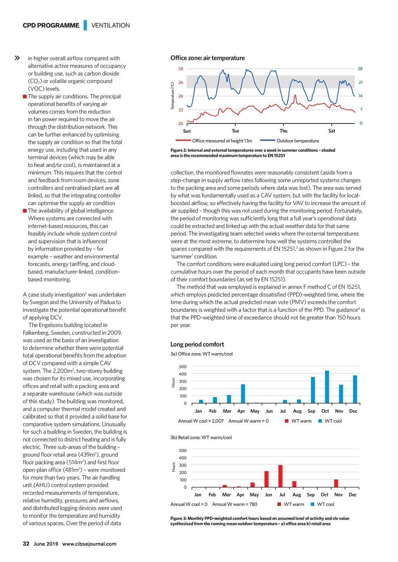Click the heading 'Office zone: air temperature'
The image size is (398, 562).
[x=208, y=58]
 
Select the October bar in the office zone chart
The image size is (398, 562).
[x=327, y=387]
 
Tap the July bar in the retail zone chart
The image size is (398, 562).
[x=281, y=476]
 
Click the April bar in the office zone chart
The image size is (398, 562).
[x=243, y=394]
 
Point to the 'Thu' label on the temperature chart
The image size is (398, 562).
[x=284, y=131]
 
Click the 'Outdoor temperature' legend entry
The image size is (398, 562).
[x=297, y=141]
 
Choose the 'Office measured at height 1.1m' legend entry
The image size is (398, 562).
[x=222, y=141]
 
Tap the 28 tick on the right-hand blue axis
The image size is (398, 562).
[x=360, y=69]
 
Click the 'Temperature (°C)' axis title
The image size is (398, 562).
[x=173, y=96]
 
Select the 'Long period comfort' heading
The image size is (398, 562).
[x=197, y=344]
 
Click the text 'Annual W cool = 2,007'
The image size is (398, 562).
[x=201, y=421]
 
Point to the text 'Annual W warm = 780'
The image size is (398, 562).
[x=234, y=505]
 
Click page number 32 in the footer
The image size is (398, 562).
[x=26, y=544]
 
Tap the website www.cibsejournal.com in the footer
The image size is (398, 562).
[x=89, y=544]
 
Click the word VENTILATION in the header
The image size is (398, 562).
[x=110, y=26]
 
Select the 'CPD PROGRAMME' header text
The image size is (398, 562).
[x=51, y=26]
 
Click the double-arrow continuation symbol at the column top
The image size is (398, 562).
[x=17, y=58]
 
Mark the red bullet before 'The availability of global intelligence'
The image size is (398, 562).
[x=25, y=211]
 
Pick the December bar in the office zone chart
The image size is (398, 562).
[x=355, y=389]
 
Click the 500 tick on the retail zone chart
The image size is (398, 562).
[x=182, y=451]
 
